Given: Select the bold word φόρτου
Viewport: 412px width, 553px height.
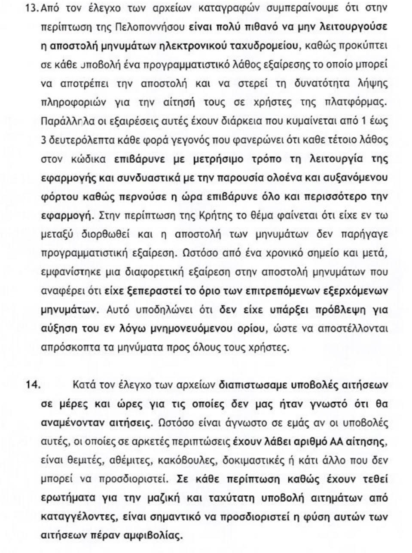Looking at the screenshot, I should tap(55, 197).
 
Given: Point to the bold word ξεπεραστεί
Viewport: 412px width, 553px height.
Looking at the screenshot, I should tap(153, 291).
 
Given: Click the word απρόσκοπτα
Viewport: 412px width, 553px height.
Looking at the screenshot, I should tap(65, 348).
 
